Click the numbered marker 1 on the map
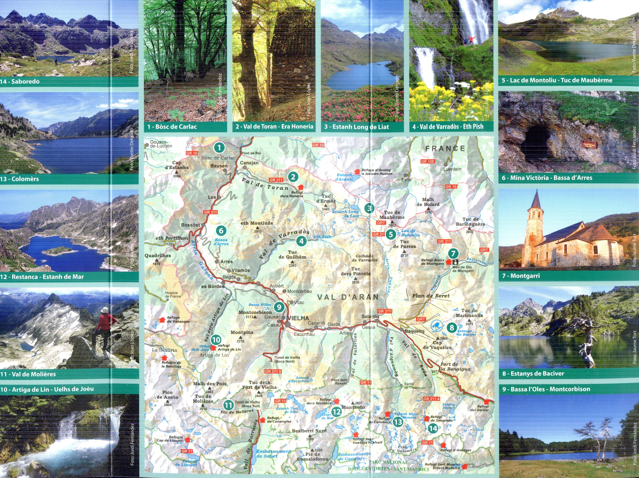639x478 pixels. point(219,148)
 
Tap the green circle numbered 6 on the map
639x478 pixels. point(221,231)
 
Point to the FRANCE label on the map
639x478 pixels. point(445,149)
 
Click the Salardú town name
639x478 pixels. point(370,316)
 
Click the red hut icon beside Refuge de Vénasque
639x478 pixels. point(162,320)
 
